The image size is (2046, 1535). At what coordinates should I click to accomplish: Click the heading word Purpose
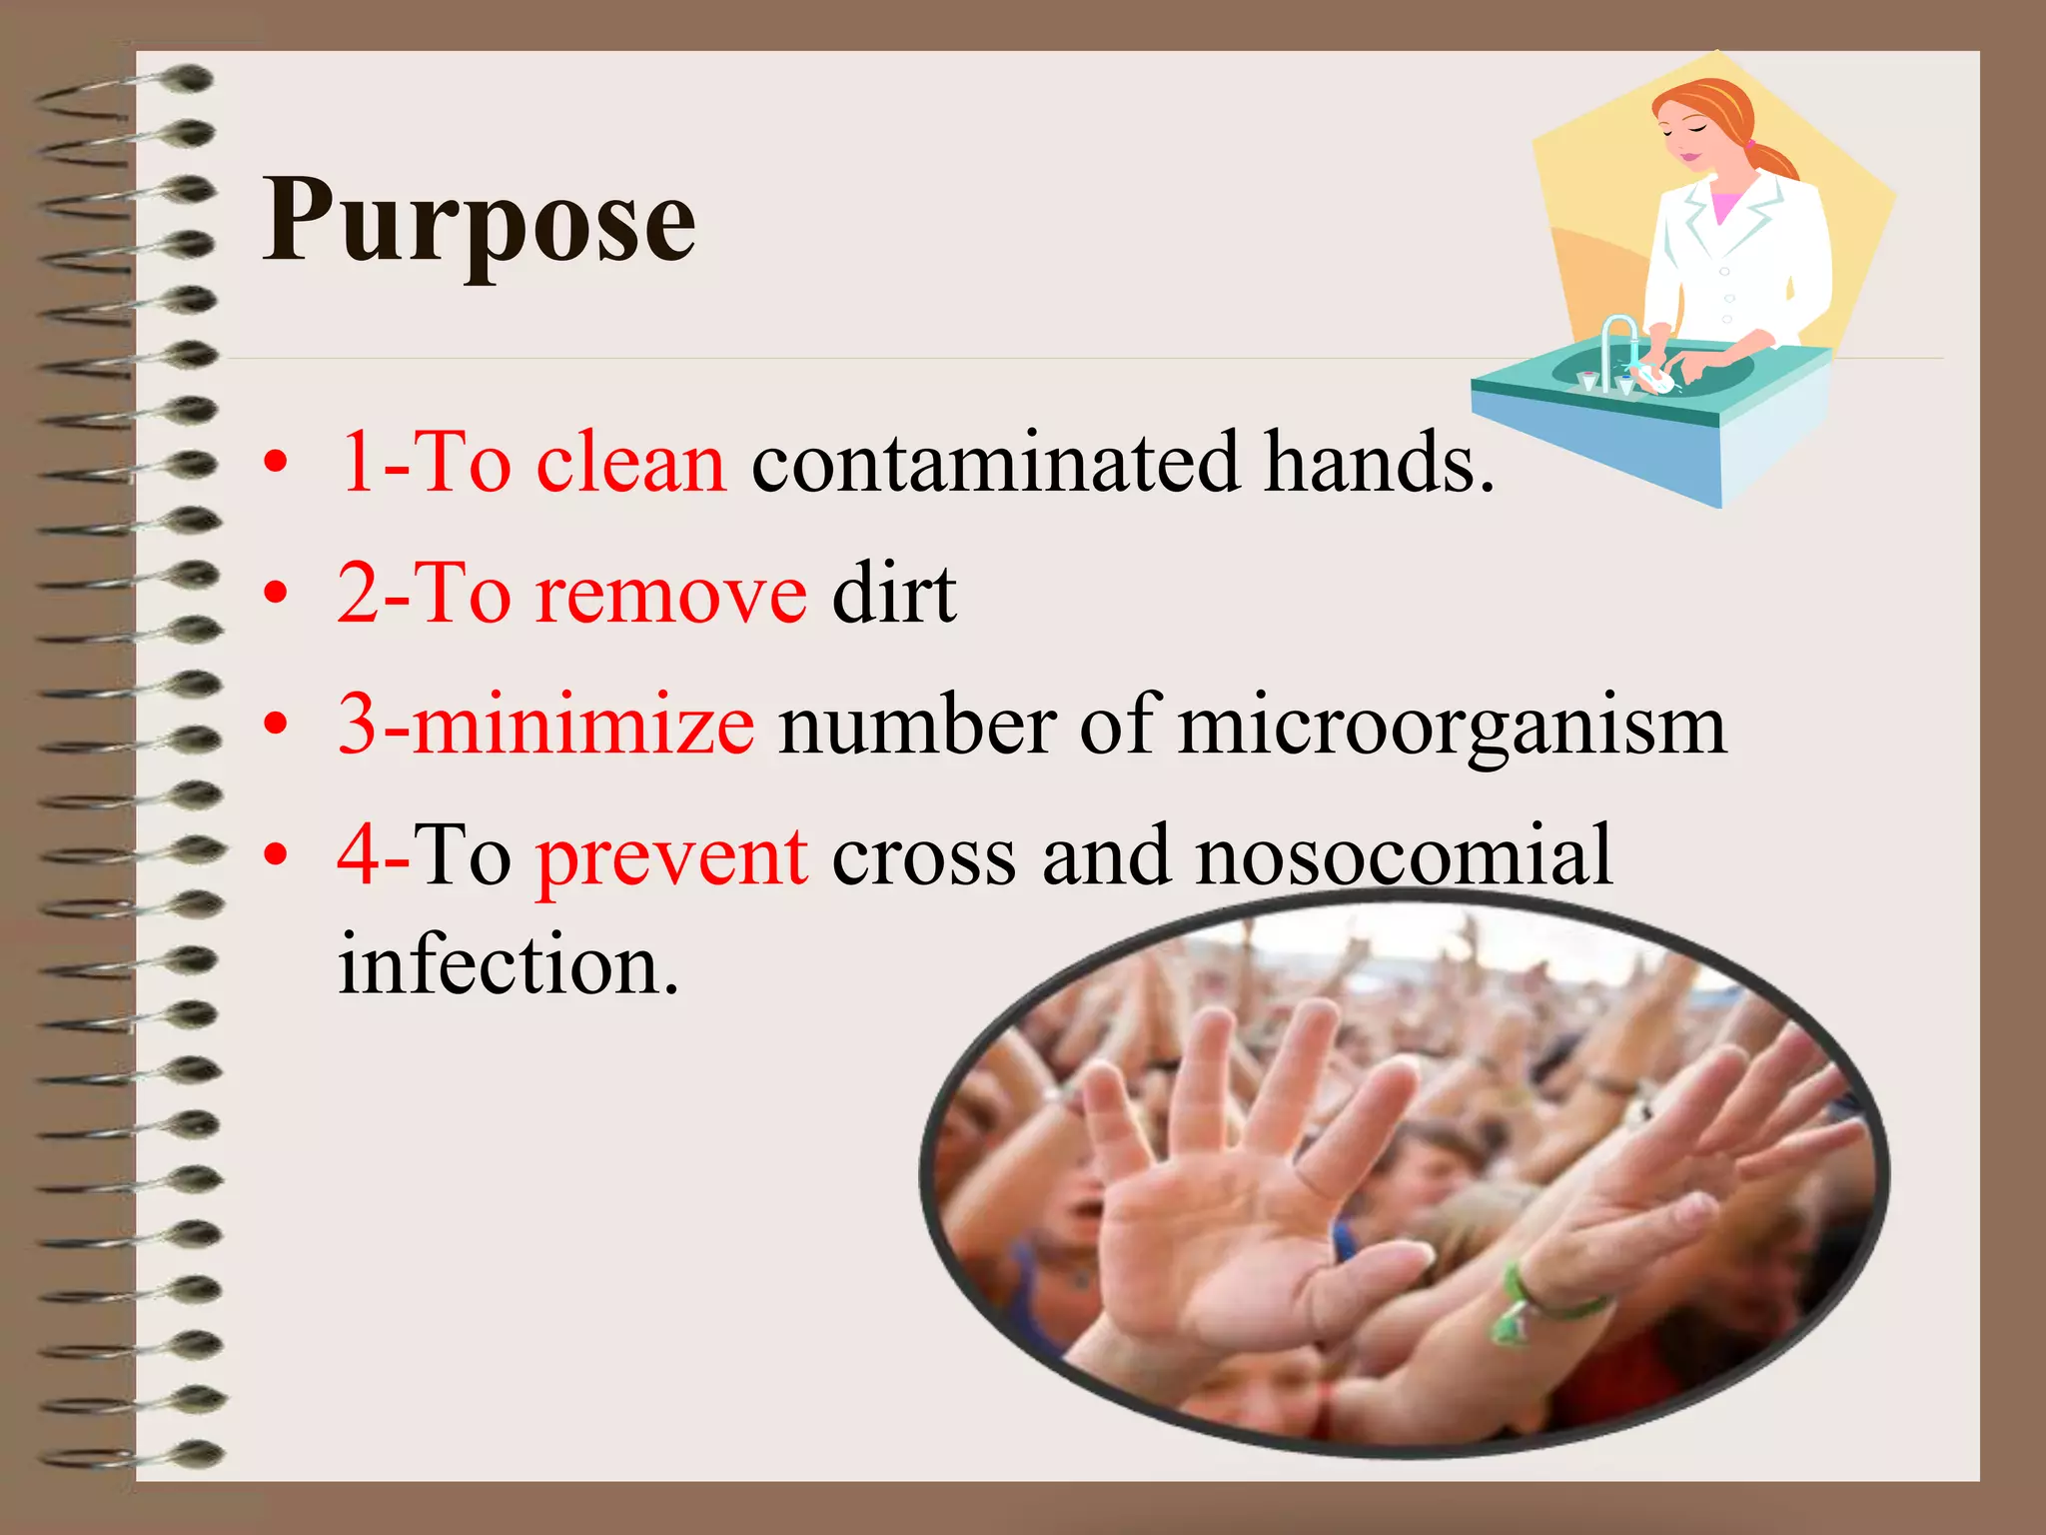coord(479,222)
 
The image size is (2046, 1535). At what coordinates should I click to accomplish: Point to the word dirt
coord(894,594)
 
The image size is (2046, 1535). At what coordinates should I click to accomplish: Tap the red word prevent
coord(671,857)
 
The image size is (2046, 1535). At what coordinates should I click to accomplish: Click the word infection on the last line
coord(508,965)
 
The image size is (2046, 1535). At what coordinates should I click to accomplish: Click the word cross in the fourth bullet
coord(923,857)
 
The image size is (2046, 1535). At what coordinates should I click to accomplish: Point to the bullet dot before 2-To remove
coord(276,594)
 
